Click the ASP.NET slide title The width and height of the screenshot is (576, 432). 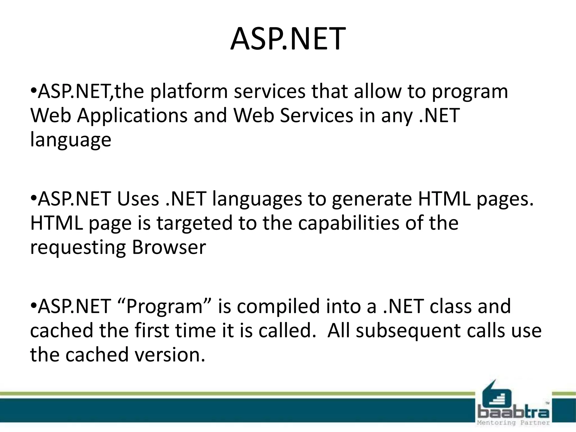[x=288, y=39]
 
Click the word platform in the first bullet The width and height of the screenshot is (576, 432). [x=189, y=92]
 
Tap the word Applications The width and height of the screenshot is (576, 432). [x=132, y=116]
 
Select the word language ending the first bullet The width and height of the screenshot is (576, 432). [x=71, y=140]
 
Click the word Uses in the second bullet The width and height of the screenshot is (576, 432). [x=138, y=199]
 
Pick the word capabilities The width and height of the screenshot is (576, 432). [x=349, y=223]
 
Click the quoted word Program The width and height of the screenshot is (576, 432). [x=164, y=307]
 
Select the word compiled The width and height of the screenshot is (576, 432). [x=278, y=307]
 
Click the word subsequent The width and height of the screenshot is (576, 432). [x=408, y=331]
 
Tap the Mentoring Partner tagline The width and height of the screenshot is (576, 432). [x=513, y=423]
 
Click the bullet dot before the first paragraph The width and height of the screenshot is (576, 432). [x=33, y=91]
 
